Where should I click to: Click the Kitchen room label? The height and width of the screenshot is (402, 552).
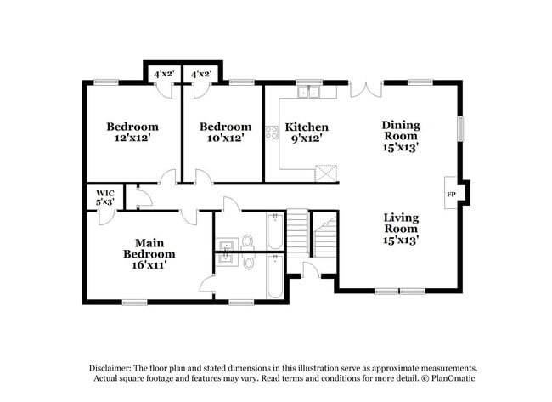coord(307,127)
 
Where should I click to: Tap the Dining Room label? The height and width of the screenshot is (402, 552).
coord(400,130)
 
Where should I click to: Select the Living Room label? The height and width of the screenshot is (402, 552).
coord(400,223)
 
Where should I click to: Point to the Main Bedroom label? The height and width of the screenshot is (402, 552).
coord(149,247)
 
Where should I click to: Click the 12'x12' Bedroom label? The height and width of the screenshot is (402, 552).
coord(132,127)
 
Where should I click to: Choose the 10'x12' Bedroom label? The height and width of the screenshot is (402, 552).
coord(225,127)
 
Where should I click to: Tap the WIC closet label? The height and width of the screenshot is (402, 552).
coord(104,193)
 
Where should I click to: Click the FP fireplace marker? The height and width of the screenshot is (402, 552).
coord(451,194)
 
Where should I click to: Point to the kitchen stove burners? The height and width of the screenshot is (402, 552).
coord(272,132)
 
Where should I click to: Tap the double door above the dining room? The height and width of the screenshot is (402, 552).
coord(366,88)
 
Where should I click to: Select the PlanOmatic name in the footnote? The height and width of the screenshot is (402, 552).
coord(454,378)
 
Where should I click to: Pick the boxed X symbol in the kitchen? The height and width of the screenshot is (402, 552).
coord(326,173)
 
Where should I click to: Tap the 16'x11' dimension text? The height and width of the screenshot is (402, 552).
coord(149,264)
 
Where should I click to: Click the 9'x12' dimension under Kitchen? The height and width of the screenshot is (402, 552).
coord(307,137)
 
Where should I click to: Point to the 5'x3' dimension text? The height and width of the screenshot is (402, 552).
coord(104,202)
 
